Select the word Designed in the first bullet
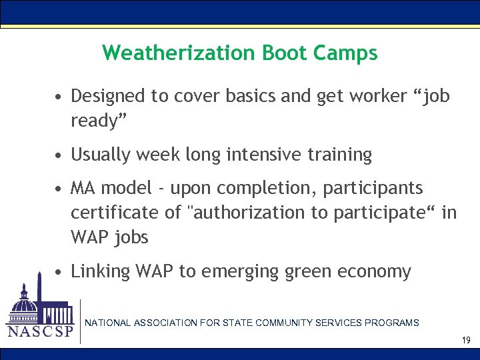click(x=108, y=97)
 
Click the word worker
click(x=361, y=96)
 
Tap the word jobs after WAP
click(x=131, y=237)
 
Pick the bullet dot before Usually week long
click(x=59, y=155)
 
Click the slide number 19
click(x=466, y=341)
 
